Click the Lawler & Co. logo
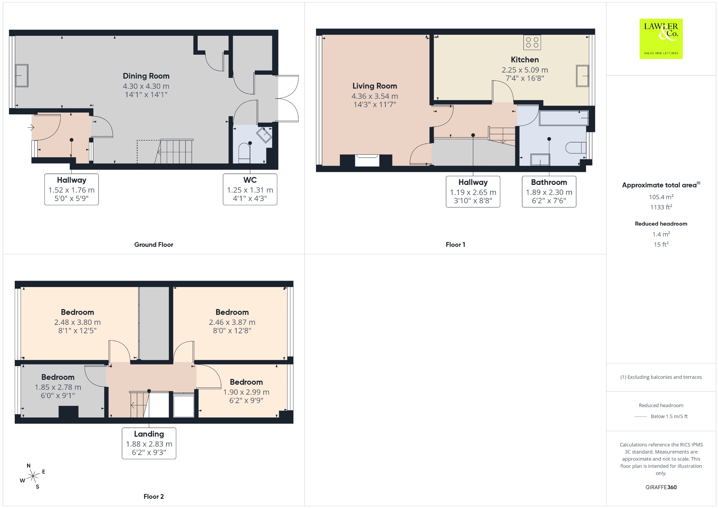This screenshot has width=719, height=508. (661, 39)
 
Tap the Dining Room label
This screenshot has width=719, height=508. (146, 76)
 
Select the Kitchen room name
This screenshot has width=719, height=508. (525, 60)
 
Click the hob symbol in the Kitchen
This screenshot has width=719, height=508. (532, 42)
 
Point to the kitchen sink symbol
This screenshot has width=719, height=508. (582, 75)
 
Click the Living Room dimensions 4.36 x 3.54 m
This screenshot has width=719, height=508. (375, 96)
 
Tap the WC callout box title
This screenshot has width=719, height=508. (250, 180)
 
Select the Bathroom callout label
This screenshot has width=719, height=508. (549, 182)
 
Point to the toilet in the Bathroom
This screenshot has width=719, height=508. (576, 147)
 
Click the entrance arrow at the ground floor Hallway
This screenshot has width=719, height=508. (31, 127)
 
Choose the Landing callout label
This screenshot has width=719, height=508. (149, 434)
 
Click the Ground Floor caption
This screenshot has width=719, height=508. (154, 245)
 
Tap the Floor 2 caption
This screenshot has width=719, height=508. (154, 496)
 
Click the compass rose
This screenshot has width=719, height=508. (33, 476)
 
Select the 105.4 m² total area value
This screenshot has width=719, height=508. (661, 197)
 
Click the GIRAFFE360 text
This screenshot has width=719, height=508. (661, 487)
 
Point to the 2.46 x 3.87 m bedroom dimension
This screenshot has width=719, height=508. (232, 322)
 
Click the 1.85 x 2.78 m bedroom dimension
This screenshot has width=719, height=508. (58, 387)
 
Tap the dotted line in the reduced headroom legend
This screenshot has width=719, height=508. (641, 416)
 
